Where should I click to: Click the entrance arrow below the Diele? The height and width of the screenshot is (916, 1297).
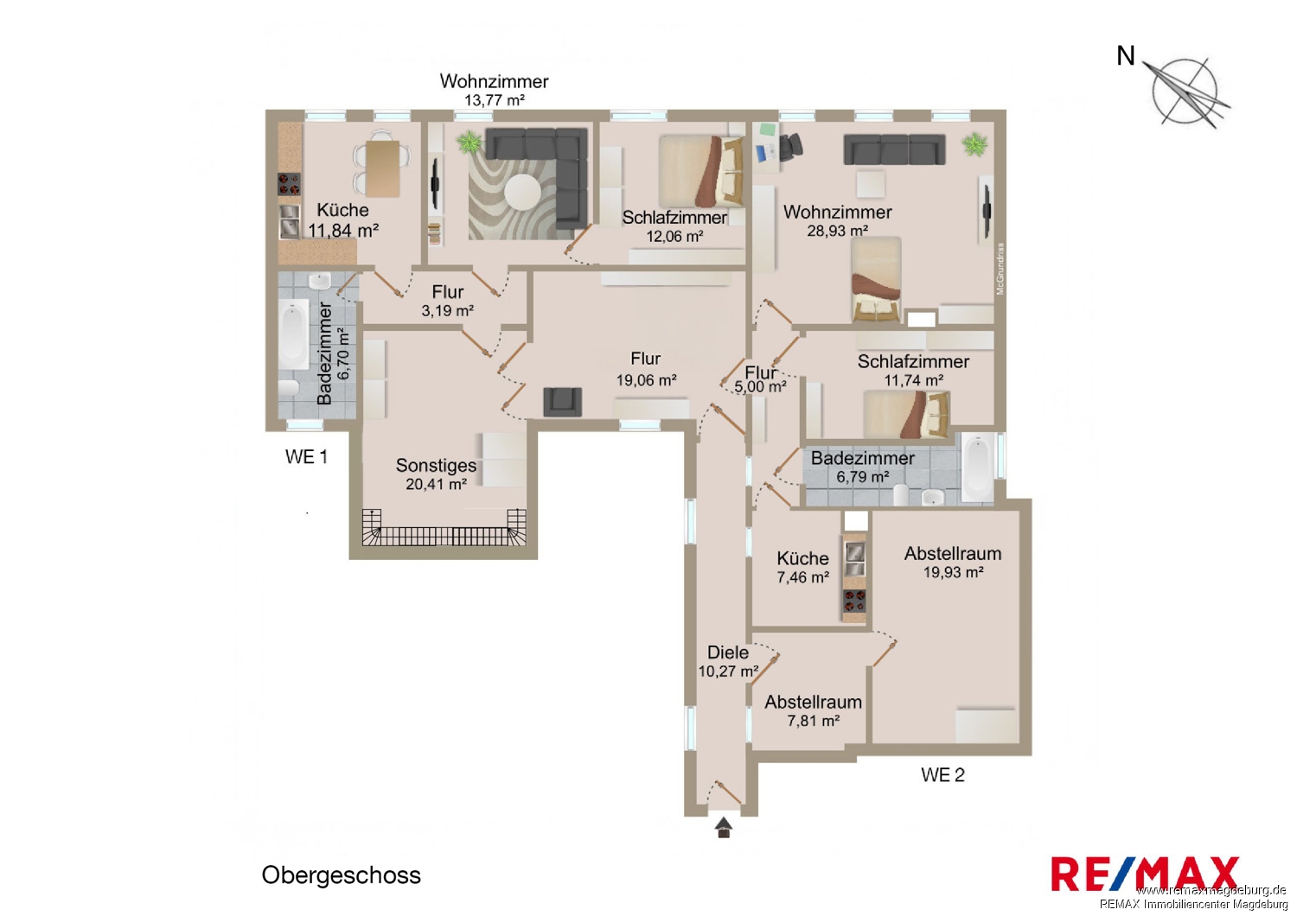(x=723, y=828)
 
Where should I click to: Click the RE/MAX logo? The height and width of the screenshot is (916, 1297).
(x=1145, y=874)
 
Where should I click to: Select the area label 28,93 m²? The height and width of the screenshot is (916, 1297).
(x=837, y=231)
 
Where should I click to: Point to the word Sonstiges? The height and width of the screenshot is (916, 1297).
(x=436, y=465)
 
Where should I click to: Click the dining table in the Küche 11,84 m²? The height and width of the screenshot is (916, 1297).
(x=383, y=168)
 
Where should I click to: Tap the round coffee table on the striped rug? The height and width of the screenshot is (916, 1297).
(x=522, y=194)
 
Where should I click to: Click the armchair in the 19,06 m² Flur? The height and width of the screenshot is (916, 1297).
(x=562, y=402)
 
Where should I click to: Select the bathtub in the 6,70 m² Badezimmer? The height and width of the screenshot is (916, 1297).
(x=294, y=334)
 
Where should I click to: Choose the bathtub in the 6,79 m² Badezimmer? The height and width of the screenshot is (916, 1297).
(x=978, y=468)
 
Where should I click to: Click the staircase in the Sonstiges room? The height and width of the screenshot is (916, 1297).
(x=444, y=528)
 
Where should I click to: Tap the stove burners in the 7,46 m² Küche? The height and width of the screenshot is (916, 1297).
(x=854, y=601)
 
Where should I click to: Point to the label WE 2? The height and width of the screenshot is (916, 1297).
(x=942, y=775)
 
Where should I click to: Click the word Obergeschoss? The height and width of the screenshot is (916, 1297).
(x=341, y=875)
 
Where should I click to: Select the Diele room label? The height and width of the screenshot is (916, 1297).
(x=728, y=652)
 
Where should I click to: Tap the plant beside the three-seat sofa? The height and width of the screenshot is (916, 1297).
(x=975, y=144)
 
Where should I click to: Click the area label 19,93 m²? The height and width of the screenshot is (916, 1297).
(x=953, y=572)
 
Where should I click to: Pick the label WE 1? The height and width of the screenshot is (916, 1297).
(x=306, y=456)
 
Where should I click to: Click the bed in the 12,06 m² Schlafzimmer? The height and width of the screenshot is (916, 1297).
(x=701, y=171)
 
